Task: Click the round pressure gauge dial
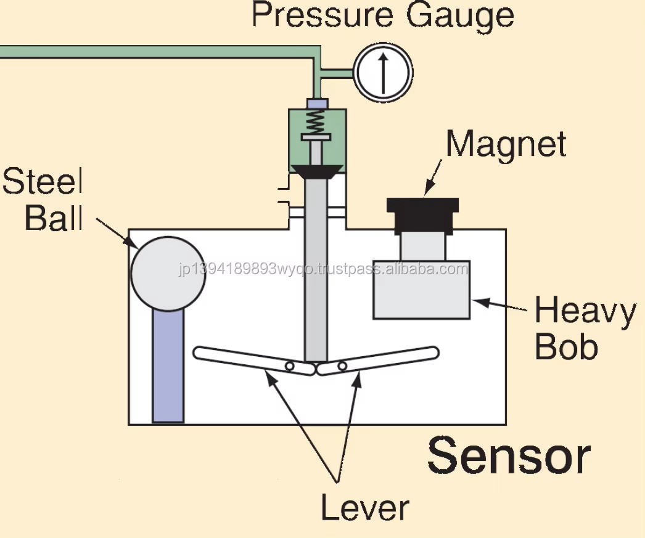pyautogui.click(x=384, y=72)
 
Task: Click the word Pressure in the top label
pyautogui.click(x=322, y=15)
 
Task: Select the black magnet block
pyautogui.click(x=423, y=216)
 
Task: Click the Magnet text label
pyautogui.click(x=506, y=144)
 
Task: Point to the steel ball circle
pyautogui.click(x=168, y=274)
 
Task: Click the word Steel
pyautogui.click(x=43, y=181)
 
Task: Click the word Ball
pyautogui.click(x=54, y=217)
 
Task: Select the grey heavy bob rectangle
pyautogui.click(x=422, y=290)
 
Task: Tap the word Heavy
pyautogui.click(x=585, y=312)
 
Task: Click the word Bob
pyautogui.click(x=567, y=346)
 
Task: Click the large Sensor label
pyautogui.click(x=509, y=456)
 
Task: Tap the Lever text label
pyautogui.click(x=365, y=508)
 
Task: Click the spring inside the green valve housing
pyautogui.click(x=316, y=121)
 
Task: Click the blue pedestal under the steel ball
pyautogui.click(x=168, y=366)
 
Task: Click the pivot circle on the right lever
pyautogui.click(x=342, y=366)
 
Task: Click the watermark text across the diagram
pyautogui.click(x=324, y=269)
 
